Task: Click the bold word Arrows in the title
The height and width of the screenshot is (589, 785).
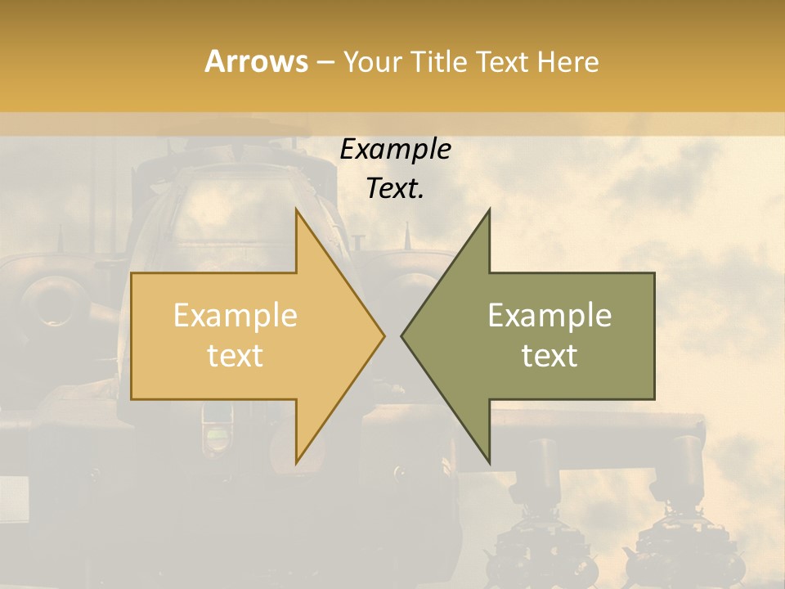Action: (x=256, y=61)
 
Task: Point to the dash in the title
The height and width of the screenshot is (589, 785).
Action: (x=325, y=62)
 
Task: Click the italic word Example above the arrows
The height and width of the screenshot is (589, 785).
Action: (x=395, y=149)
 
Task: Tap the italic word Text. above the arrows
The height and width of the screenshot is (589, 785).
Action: (x=395, y=188)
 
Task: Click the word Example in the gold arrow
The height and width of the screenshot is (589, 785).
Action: (x=235, y=316)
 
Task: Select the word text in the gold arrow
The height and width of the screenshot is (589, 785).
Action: (x=235, y=356)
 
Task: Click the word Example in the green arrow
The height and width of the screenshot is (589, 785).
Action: (x=549, y=316)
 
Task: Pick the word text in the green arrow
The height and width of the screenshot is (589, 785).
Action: (x=549, y=356)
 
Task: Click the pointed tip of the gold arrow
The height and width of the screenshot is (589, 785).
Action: (x=382, y=335)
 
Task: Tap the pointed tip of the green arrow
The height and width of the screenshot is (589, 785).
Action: (x=403, y=335)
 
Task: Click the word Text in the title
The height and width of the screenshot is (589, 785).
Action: (x=502, y=61)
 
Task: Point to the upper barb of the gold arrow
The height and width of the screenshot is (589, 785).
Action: (x=298, y=214)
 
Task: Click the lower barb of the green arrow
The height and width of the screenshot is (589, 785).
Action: (x=487, y=458)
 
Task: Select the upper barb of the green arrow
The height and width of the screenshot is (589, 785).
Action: (x=487, y=214)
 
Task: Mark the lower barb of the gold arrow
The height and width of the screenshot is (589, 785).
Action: (x=298, y=458)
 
